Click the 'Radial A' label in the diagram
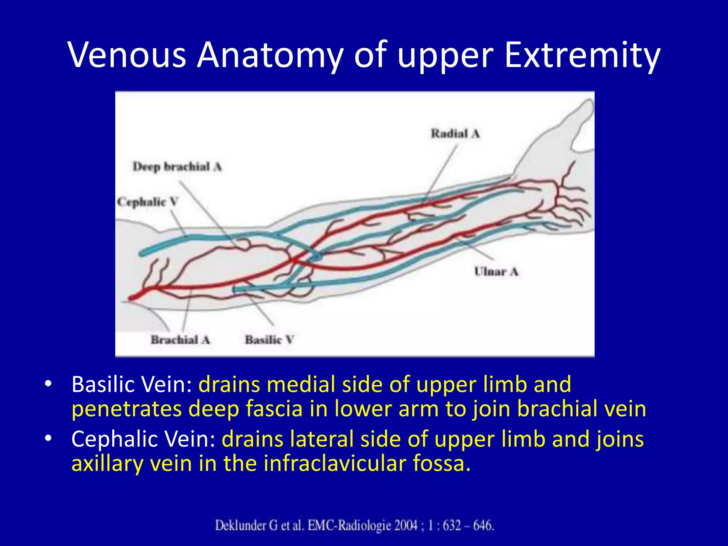tap(455, 134)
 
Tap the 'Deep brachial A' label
tap(177, 167)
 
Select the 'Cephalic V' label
tap(148, 202)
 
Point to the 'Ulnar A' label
tap(496, 272)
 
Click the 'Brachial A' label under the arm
tap(180, 340)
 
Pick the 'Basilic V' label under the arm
tap(269, 340)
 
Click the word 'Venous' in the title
tap(128, 55)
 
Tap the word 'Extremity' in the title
tap(582, 55)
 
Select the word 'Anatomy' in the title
tap(270, 55)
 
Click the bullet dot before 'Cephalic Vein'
tap(48, 438)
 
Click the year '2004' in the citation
tap(405, 525)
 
